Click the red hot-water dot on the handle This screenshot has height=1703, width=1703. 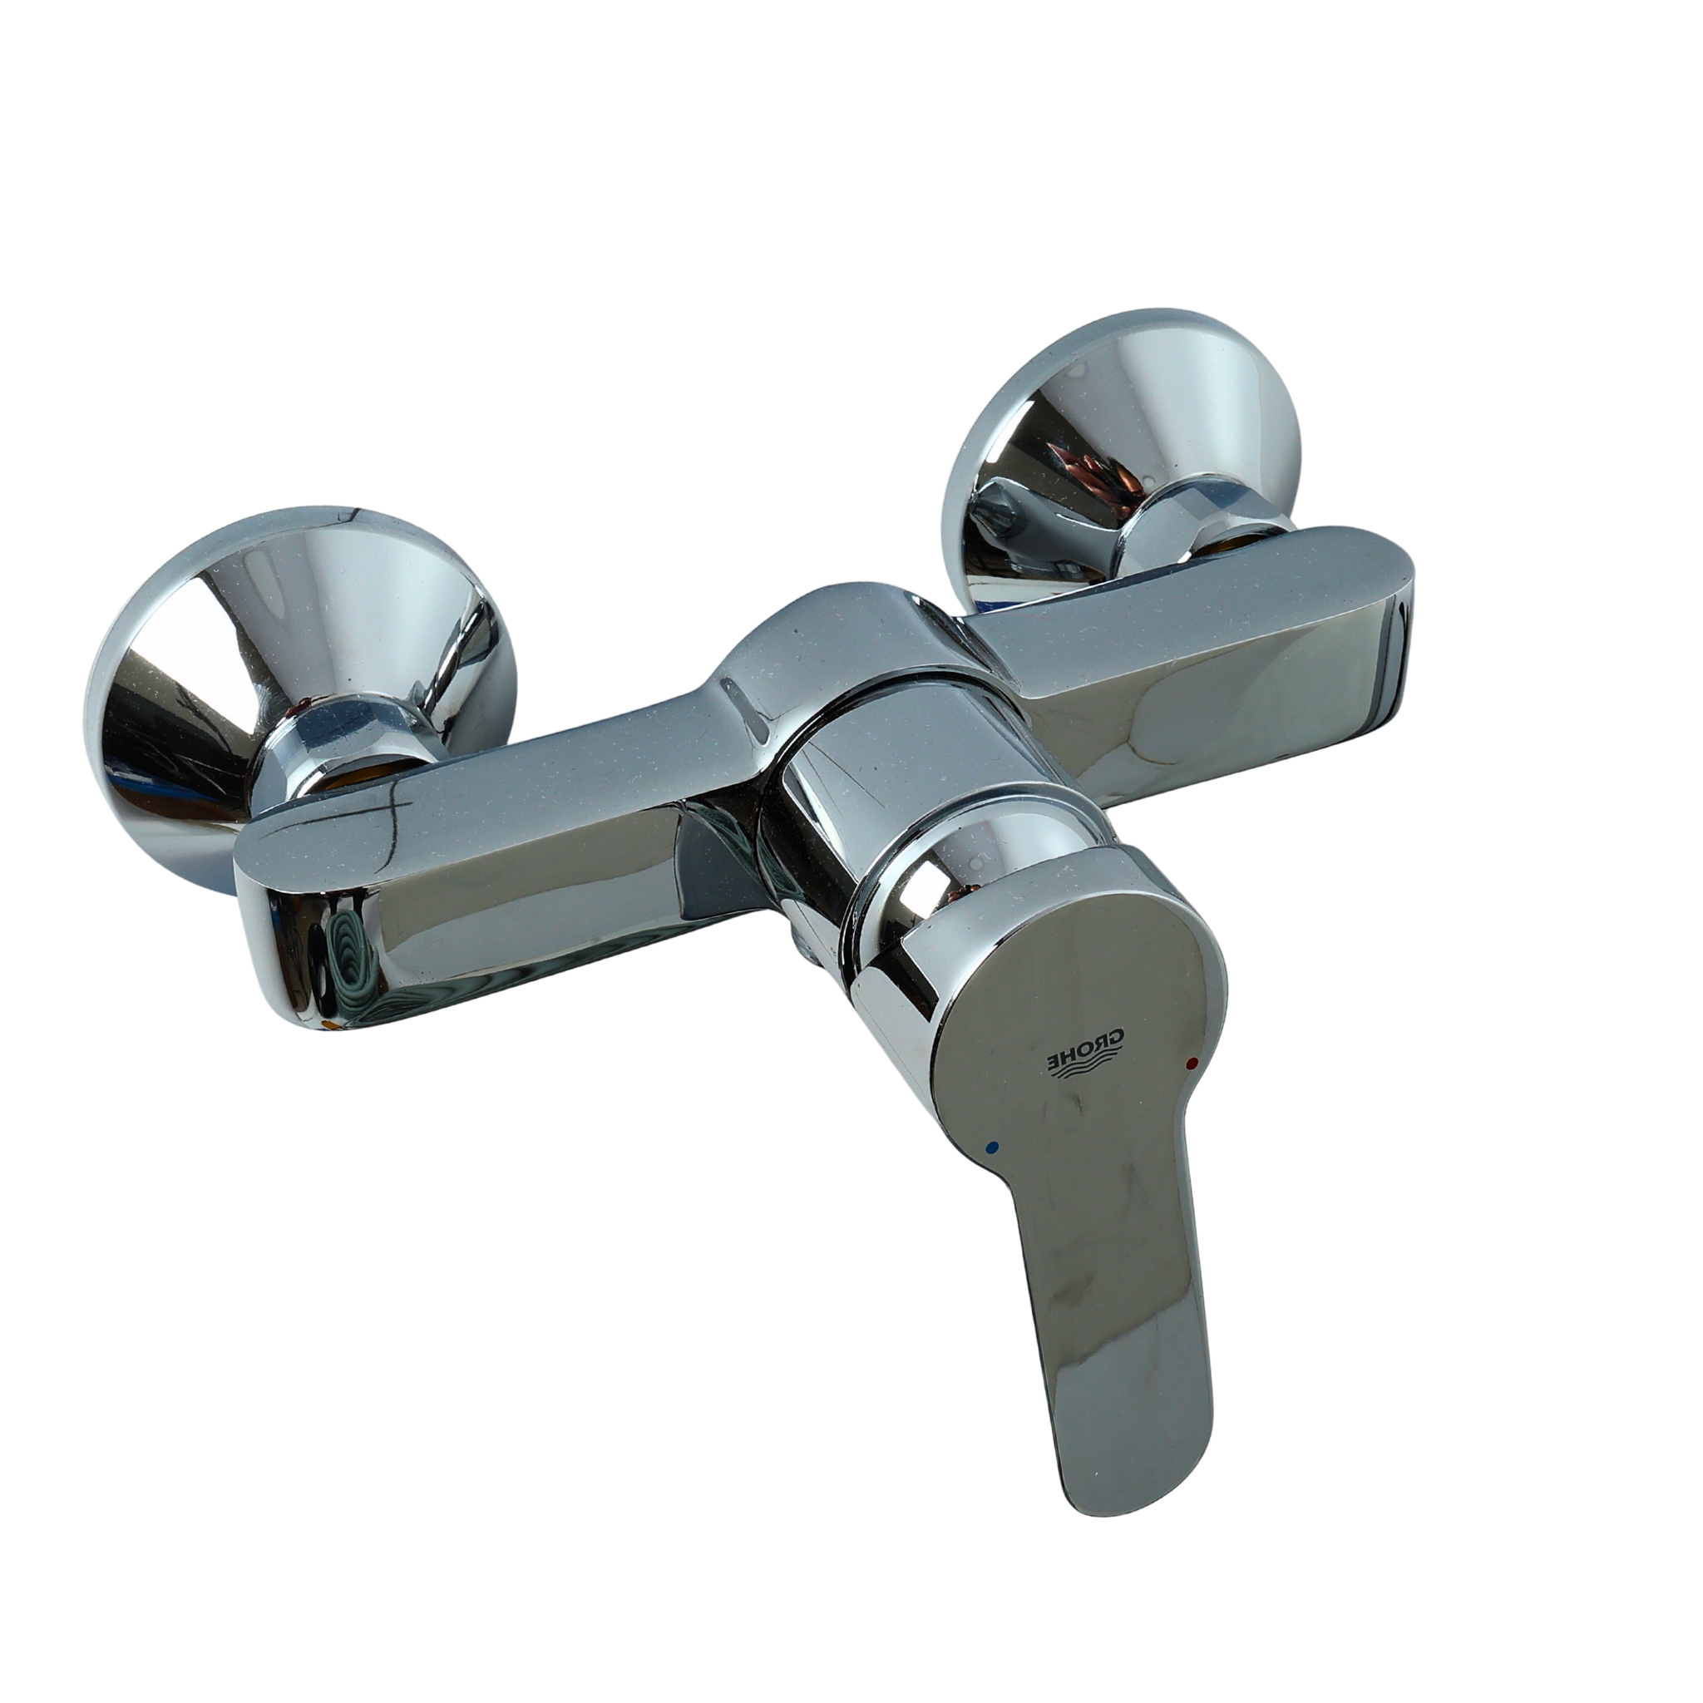(1192, 1064)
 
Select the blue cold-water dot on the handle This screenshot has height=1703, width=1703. (995, 1148)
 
